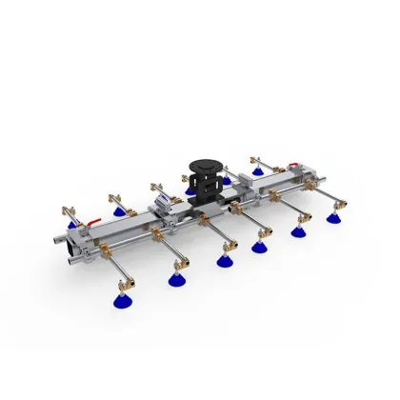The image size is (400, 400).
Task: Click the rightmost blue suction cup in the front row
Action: [334, 217]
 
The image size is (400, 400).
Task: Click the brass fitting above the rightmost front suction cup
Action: [333, 203]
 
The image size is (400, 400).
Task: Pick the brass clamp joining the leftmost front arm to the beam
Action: [104, 249]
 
